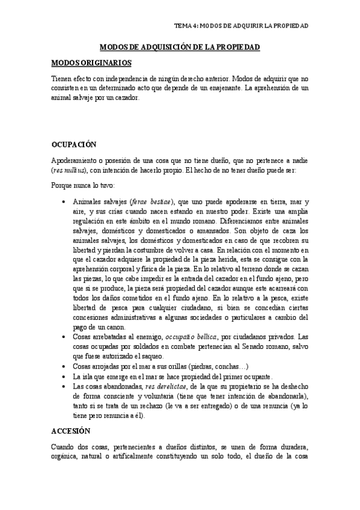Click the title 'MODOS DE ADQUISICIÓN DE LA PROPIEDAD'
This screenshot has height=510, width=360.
179,46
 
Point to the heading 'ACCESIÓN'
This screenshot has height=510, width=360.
70,414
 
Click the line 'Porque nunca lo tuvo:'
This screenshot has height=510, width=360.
84,185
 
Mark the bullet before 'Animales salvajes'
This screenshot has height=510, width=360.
64,202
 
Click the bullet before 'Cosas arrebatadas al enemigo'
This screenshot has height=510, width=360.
64,337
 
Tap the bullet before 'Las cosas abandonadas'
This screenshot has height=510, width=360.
64,381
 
